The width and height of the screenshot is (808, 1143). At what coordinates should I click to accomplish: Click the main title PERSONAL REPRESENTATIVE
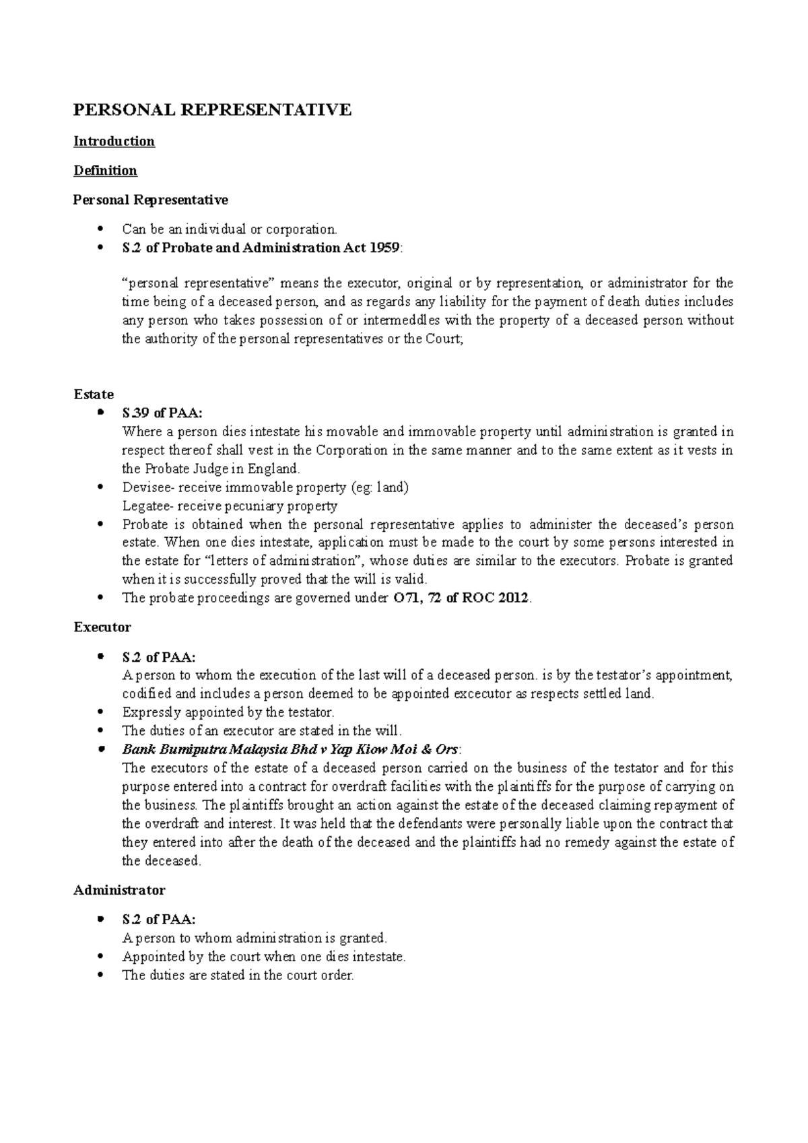[212, 110]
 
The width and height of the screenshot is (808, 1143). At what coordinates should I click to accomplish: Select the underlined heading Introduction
[114, 141]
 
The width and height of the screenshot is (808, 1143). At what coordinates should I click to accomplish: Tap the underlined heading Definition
[105, 170]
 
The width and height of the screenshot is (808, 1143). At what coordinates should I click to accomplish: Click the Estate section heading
[93, 394]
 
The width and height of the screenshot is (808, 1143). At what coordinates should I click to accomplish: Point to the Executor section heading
[102, 627]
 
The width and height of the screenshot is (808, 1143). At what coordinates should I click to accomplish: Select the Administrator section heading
[119, 890]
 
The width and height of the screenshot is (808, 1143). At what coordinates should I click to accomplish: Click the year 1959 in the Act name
[385, 248]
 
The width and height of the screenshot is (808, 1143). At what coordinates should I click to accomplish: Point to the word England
[275, 469]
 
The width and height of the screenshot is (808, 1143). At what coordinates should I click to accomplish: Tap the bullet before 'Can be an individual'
[100, 230]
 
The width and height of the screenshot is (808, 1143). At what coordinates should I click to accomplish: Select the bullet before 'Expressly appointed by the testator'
[100, 712]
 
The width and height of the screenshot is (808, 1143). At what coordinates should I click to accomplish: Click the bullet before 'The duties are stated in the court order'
[100, 975]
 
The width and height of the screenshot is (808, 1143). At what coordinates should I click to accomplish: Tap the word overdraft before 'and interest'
[160, 823]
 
